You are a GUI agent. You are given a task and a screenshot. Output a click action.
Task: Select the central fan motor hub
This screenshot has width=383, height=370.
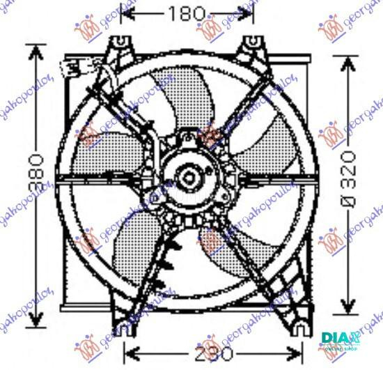[188, 178]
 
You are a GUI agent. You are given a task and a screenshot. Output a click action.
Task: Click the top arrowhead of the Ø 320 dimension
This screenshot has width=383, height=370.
[349, 59]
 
